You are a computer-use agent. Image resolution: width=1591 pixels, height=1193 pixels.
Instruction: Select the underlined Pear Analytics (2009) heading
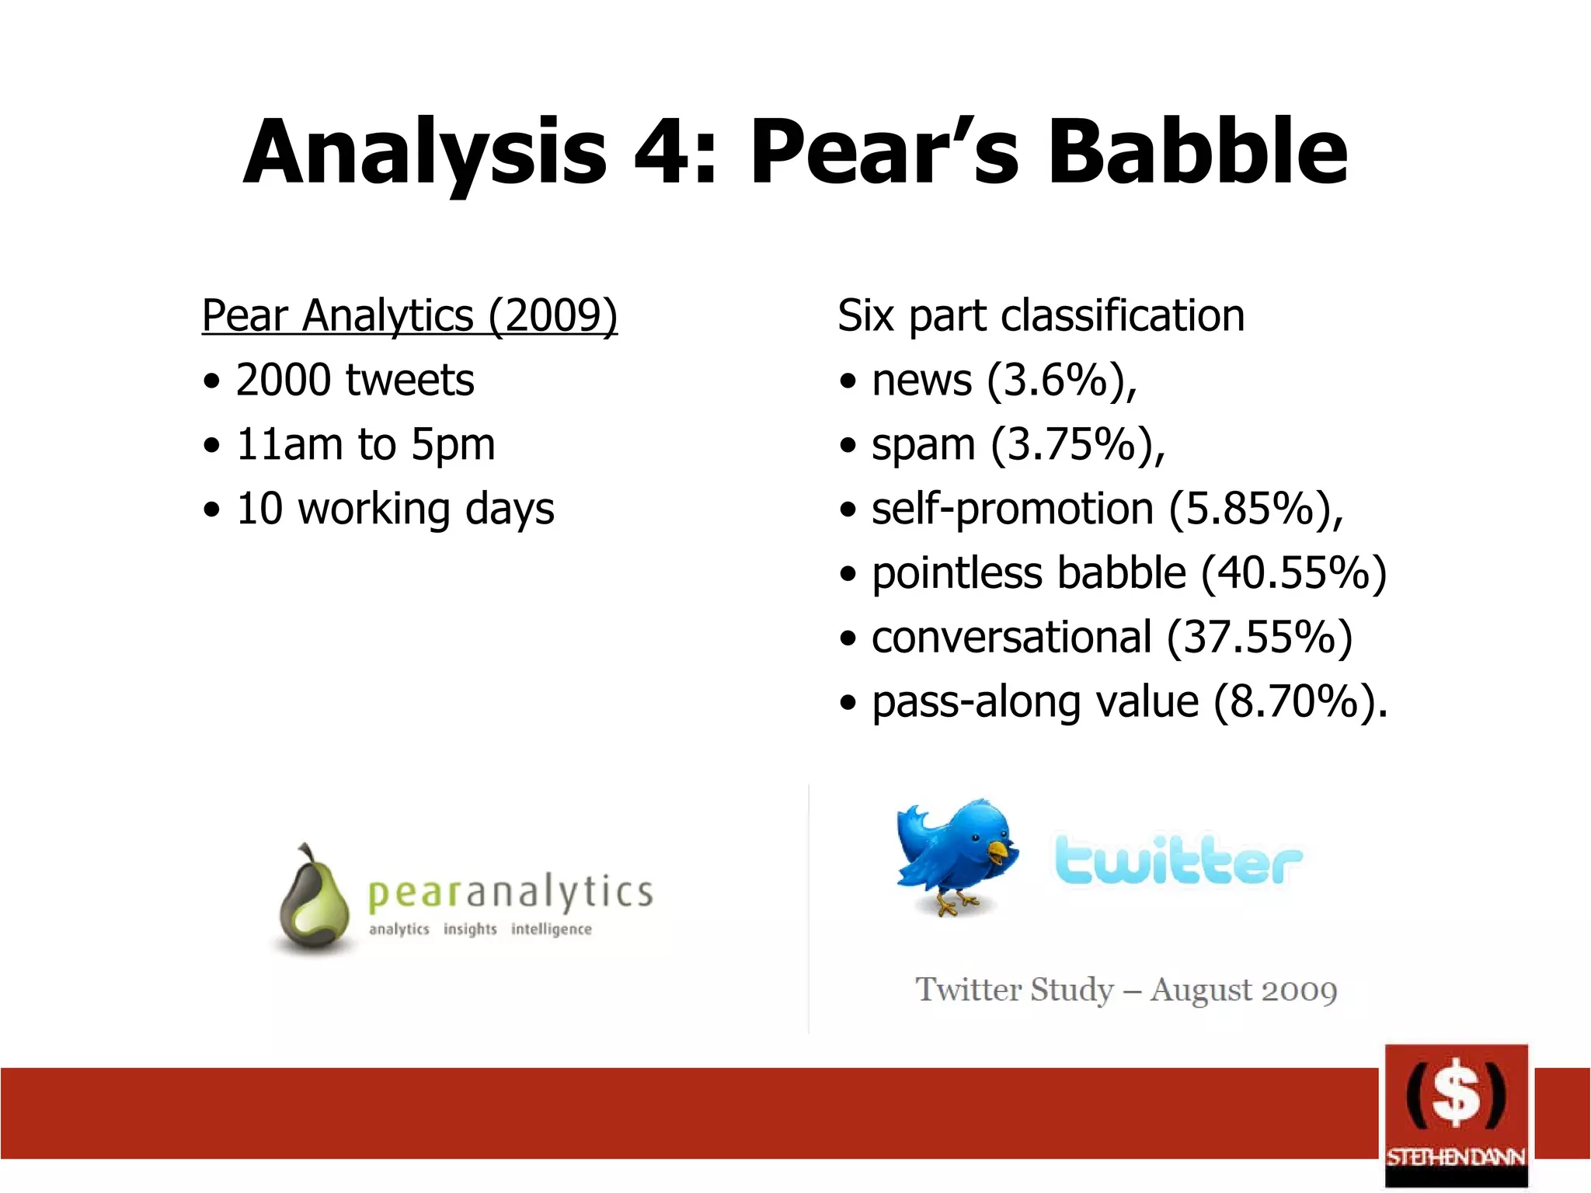pyautogui.click(x=409, y=315)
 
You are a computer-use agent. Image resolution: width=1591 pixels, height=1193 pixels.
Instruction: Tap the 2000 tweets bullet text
pyautogui.click(x=355, y=380)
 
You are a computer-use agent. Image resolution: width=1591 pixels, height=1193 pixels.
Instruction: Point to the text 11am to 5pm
pyautogui.click(x=365, y=444)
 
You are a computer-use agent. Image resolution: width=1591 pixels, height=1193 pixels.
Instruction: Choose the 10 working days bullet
pyautogui.click(x=395, y=509)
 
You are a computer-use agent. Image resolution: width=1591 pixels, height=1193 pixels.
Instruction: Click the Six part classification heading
pyautogui.click(x=1041, y=315)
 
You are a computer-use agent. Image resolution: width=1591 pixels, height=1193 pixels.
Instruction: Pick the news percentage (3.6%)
pyautogui.click(x=1061, y=380)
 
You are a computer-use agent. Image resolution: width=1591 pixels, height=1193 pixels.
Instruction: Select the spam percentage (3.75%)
pyautogui.click(x=1077, y=444)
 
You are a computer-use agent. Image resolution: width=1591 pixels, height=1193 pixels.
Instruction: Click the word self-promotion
pyautogui.click(x=1012, y=510)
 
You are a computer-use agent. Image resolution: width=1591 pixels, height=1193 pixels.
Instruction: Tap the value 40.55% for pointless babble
pyautogui.click(x=1293, y=573)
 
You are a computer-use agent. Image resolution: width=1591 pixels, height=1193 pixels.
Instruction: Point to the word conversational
pyautogui.click(x=1011, y=638)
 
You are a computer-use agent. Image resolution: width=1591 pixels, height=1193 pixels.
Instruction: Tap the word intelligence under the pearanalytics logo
pyautogui.click(x=551, y=930)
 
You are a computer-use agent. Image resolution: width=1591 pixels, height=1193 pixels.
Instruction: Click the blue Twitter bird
pyautogui.click(x=954, y=854)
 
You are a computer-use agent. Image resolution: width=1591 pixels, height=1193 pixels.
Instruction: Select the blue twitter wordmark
pyautogui.click(x=1177, y=861)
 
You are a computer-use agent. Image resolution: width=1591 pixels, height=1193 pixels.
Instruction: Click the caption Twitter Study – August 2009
pyautogui.click(x=1126, y=990)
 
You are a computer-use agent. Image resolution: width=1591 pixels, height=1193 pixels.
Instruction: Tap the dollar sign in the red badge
pyautogui.click(x=1456, y=1094)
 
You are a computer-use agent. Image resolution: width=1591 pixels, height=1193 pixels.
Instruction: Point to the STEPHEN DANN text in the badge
pyautogui.click(x=1456, y=1157)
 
